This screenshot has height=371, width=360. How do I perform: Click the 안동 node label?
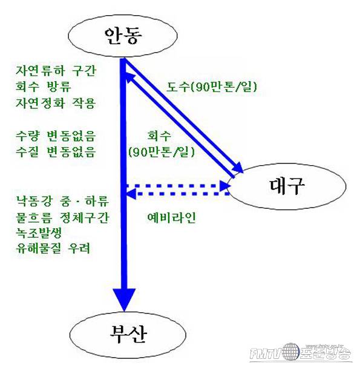click(123, 36)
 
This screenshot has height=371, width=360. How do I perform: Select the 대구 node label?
click(287, 186)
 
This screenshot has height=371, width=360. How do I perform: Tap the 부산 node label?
click(128, 334)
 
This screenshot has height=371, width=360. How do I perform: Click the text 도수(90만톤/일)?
click(212, 87)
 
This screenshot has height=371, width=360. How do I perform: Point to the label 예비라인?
click(171, 217)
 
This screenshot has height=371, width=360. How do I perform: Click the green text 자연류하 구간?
click(56, 71)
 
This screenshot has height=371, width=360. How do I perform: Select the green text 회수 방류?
click(44, 87)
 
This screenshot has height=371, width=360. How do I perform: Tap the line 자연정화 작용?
click(56, 103)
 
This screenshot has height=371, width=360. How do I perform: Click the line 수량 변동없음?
click(56, 136)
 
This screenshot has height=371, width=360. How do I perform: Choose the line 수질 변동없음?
click(56, 152)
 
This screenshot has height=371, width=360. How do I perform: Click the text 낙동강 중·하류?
click(62, 201)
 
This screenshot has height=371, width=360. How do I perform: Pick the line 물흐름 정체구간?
click(62, 217)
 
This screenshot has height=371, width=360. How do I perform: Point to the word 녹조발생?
click(39, 233)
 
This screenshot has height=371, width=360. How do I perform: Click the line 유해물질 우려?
click(53, 248)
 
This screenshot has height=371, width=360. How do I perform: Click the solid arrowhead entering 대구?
click(237, 167)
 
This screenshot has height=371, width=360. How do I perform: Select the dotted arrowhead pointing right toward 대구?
click(225, 186)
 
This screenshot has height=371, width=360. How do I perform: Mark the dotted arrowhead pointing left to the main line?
click(131, 194)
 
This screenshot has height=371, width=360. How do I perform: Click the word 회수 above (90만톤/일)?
click(159, 136)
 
